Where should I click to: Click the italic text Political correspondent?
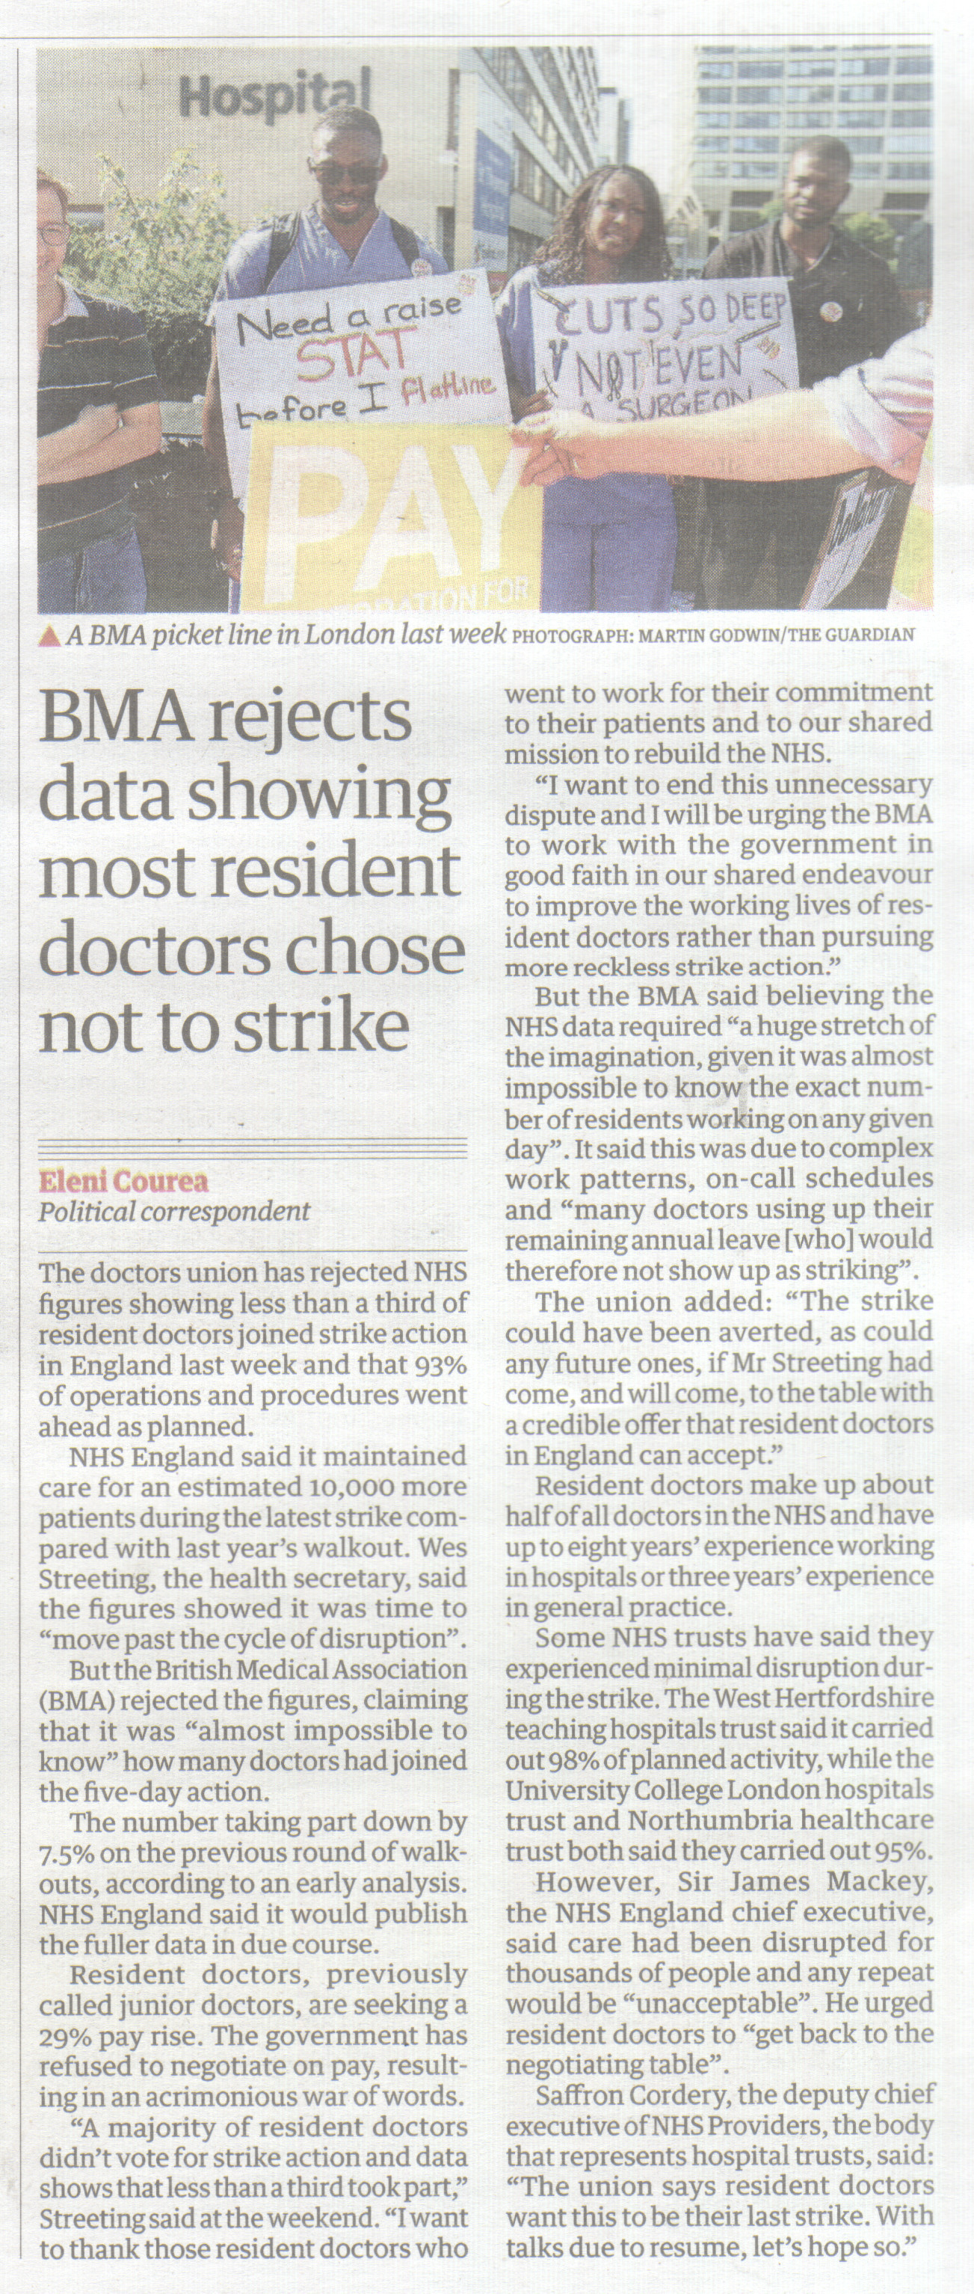[173, 1212]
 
